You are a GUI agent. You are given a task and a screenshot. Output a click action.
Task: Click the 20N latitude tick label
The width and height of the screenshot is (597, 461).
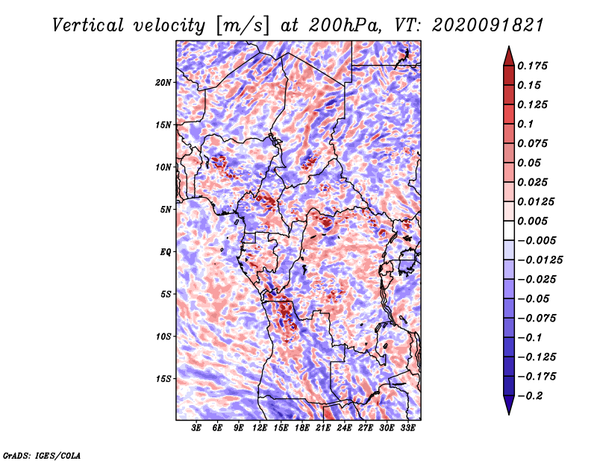pyautogui.click(x=163, y=83)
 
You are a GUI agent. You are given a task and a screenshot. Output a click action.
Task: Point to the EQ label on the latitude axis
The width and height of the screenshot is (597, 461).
pyautogui.click(x=165, y=252)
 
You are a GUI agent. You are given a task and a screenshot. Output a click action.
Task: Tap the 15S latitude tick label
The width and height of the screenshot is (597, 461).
pyautogui.click(x=163, y=379)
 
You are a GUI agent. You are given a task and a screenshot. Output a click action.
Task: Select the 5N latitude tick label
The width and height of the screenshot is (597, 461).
pyautogui.click(x=166, y=210)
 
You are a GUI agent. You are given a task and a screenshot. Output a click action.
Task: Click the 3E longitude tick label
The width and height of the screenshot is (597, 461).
pyautogui.click(x=196, y=428)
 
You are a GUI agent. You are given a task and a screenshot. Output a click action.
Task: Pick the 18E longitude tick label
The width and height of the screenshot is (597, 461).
pyautogui.click(x=302, y=428)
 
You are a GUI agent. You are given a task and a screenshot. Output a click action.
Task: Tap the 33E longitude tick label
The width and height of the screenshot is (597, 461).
pyautogui.click(x=407, y=428)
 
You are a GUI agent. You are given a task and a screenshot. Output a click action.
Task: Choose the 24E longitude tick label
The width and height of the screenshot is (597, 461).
pyautogui.click(x=344, y=428)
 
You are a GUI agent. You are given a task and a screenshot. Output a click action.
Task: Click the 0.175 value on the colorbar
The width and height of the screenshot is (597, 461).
pyautogui.click(x=532, y=66)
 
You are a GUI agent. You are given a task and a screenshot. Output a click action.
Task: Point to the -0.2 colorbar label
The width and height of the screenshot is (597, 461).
pyautogui.click(x=530, y=396)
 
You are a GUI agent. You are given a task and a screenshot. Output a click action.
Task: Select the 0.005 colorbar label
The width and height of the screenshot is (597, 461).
pyautogui.click(x=532, y=221)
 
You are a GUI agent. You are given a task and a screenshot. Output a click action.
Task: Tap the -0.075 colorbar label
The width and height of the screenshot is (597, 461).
pyautogui.click(x=537, y=319)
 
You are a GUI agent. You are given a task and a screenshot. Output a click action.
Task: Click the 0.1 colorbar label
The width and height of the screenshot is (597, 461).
pyautogui.click(x=525, y=124)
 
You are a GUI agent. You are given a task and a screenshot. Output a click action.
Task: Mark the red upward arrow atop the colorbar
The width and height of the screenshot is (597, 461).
pyautogui.click(x=509, y=57)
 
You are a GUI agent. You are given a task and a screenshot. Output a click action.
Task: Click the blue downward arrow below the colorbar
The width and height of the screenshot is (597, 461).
pyautogui.click(x=509, y=405)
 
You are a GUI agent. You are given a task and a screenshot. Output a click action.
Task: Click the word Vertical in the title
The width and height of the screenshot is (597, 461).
pyautogui.click(x=87, y=25)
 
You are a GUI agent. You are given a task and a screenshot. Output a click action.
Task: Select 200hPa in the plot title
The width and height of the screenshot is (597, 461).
pyautogui.click(x=344, y=25)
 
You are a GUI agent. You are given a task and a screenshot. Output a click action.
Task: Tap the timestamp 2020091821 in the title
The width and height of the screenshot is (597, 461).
pyautogui.click(x=487, y=25)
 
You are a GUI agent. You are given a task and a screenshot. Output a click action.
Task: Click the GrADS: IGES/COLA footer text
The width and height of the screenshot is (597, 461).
pyautogui.click(x=42, y=455)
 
